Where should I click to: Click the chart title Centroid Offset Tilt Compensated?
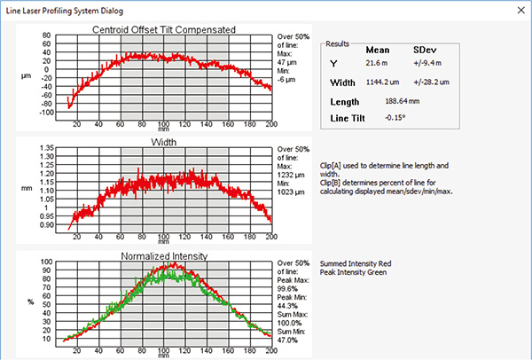pos(164,29)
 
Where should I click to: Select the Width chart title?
pos(164,141)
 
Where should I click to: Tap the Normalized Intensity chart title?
pos(164,256)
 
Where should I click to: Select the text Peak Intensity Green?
pos(351,274)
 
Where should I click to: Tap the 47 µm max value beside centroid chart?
pos(289,64)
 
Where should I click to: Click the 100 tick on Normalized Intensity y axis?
pos(48,262)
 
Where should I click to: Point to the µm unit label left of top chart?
pos(27,76)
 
